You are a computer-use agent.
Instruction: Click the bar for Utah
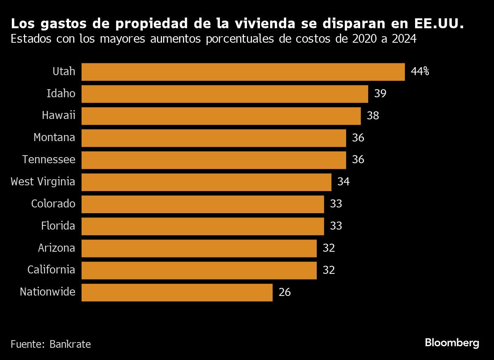pyautogui.click(x=243, y=72)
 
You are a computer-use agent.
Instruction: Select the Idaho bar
pyautogui.click(x=225, y=94)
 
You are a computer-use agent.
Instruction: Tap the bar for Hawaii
pyautogui.click(x=221, y=116)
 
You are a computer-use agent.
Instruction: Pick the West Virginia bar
pyautogui.click(x=206, y=182)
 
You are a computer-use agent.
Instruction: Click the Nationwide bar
pyautogui.click(x=177, y=292)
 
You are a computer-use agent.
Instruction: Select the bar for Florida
pyautogui.click(x=202, y=226)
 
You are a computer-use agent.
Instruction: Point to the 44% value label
pyautogui.click(x=420, y=72)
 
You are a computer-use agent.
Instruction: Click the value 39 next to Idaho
pyautogui.click(x=380, y=94)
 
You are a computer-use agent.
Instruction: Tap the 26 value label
pyautogui.click(x=284, y=292)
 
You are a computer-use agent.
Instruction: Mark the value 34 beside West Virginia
pyautogui.click(x=343, y=182)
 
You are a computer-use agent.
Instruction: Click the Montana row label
pyautogui.click(x=54, y=138)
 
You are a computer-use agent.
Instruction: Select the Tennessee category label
pyautogui.click(x=48, y=159)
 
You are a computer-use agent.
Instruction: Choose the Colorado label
pyautogui.click(x=53, y=204)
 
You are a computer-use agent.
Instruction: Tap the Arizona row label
pyautogui.click(x=56, y=248)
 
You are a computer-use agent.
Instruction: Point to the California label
pyautogui.click(x=51, y=270)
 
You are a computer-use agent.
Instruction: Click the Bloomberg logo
pyautogui.click(x=452, y=343)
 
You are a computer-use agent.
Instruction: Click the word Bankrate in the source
pyautogui.click(x=70, y=344)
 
